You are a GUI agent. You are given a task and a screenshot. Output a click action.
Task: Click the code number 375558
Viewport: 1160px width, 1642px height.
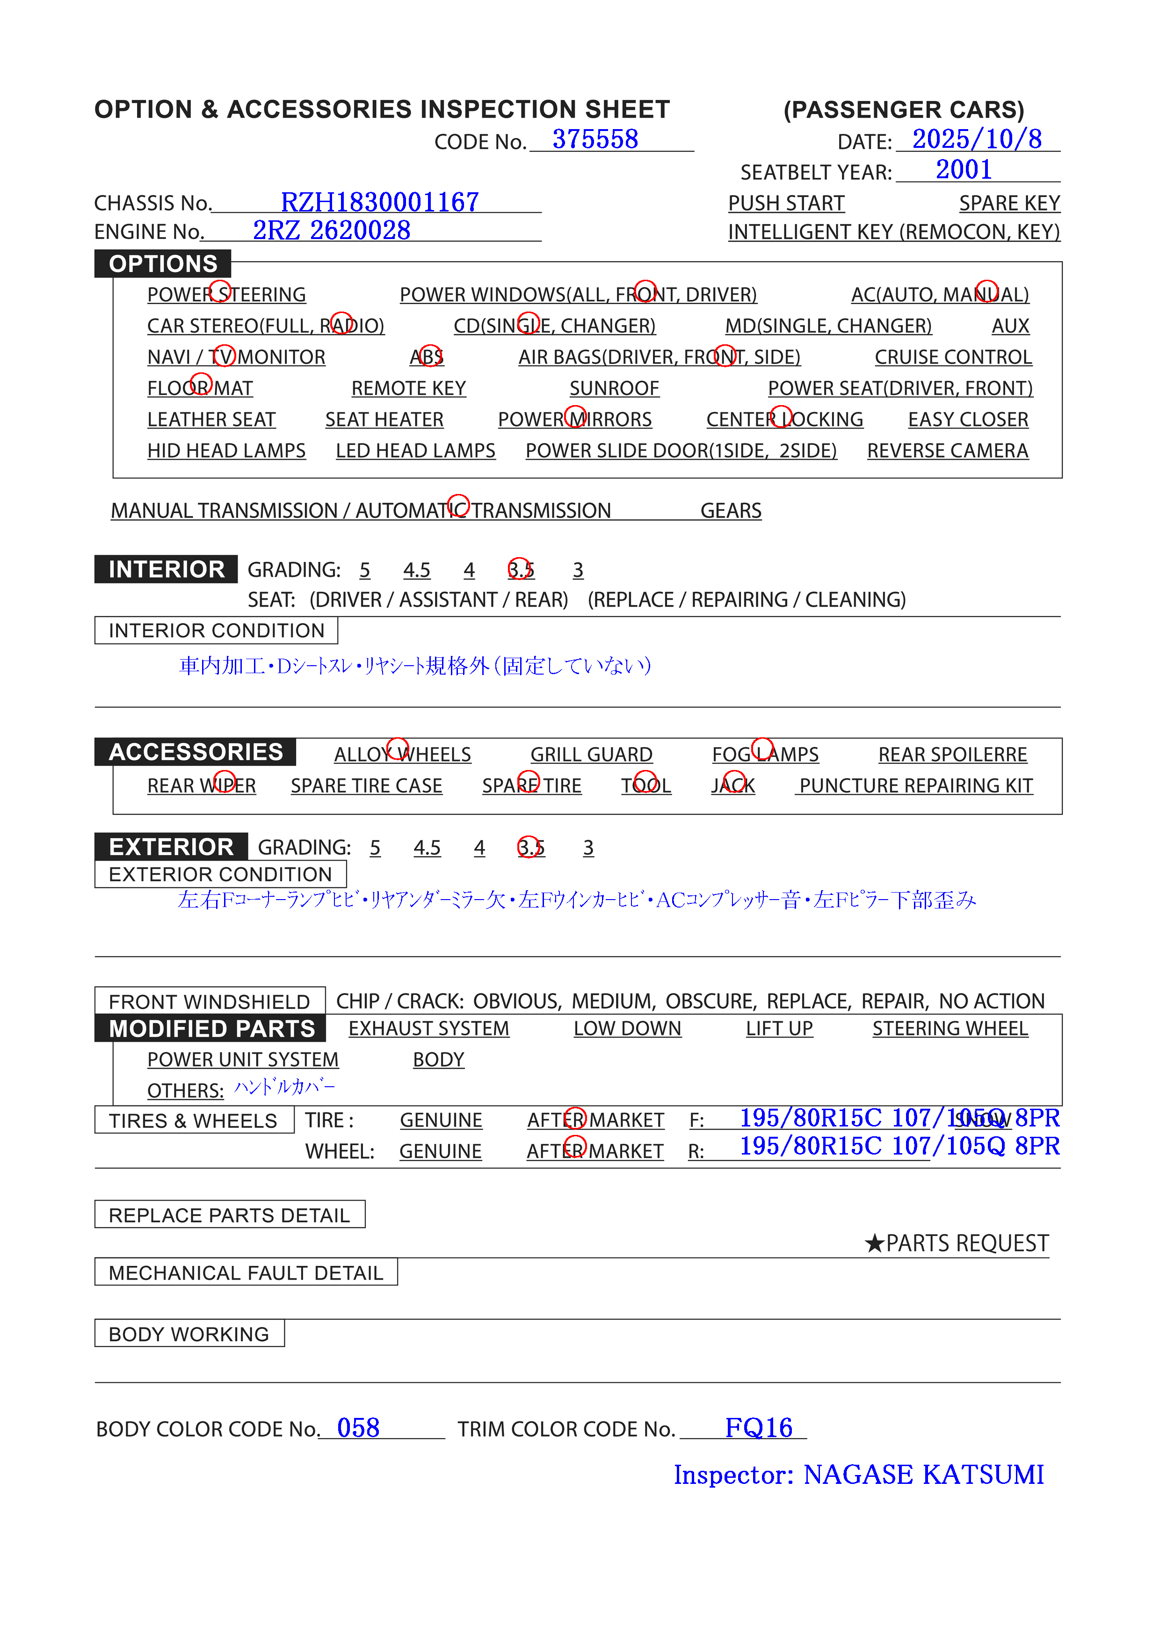pos(595,139)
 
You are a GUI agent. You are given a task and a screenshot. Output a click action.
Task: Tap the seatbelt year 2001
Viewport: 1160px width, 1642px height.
pos(964,170)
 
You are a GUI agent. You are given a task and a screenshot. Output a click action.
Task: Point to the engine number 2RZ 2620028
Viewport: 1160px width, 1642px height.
pos(331,230)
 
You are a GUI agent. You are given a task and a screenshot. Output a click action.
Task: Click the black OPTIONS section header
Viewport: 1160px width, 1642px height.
pos(163,264)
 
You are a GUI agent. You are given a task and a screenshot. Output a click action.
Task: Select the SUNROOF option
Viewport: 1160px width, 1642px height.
pos(614,388)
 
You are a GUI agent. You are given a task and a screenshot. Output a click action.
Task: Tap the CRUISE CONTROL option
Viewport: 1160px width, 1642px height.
pos(953,357)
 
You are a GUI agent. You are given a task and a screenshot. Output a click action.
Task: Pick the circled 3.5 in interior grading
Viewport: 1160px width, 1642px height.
pos(520,569)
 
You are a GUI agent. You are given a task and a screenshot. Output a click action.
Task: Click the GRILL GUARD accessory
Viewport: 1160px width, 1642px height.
pos(591,755)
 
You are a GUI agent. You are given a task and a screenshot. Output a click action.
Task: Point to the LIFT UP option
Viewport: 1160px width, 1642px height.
pos(779,1028)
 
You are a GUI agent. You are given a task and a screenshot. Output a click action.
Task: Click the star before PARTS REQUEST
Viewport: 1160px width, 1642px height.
pos(874,1243)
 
